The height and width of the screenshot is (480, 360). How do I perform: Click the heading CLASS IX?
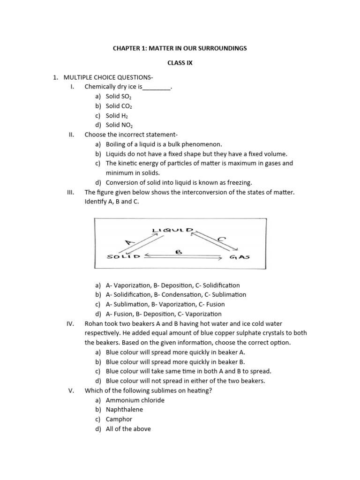(x=180, y=63)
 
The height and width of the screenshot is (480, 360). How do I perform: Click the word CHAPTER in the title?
(x=126, y=48)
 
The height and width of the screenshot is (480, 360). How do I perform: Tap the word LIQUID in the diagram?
(x=172, y=230)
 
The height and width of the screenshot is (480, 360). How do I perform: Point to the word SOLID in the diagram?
(x=124, y=256)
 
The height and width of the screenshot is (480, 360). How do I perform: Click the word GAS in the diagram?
(x=240, y=257)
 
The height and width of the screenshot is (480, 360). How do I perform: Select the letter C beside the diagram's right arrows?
(x=222, y=239)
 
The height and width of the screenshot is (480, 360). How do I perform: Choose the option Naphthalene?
(x=124, y=410)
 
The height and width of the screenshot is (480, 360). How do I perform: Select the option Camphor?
(x=119, y=419)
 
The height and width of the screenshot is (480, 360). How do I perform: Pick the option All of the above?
(x=128, y=429)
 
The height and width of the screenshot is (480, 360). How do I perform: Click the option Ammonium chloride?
(x=135, y=400)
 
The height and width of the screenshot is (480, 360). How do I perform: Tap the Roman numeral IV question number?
(x=71, y=323)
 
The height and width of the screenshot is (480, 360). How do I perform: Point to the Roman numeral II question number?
(x=71, y=135)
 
